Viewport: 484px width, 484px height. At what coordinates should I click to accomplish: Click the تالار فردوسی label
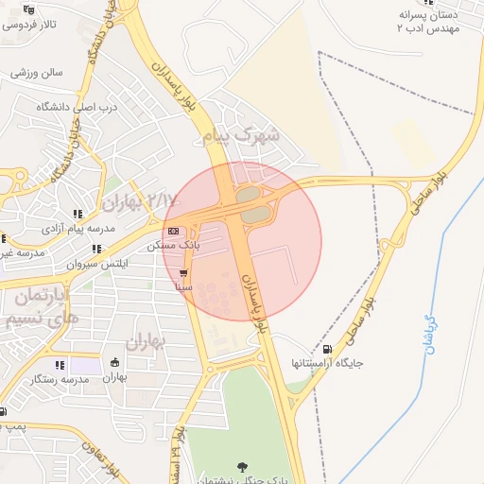click(29, 24)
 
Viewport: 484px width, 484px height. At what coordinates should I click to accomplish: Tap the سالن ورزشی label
click(37, 72)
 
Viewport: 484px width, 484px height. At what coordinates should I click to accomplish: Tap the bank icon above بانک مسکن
click(172, 231)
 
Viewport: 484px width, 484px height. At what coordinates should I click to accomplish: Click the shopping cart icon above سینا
click(182, 272)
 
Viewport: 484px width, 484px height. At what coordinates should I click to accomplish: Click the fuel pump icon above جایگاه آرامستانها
click(327, 349)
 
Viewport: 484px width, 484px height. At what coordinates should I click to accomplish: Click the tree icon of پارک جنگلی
click(242, 466)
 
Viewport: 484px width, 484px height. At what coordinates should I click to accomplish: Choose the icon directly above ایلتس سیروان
click(96, 249)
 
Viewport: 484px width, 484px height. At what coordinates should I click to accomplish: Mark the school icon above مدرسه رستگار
click(60, 365)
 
